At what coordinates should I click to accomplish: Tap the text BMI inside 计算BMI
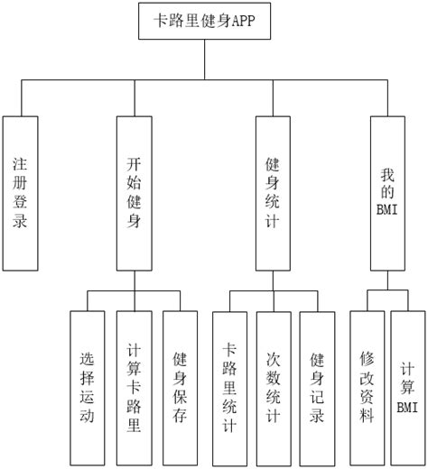[409, 407]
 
